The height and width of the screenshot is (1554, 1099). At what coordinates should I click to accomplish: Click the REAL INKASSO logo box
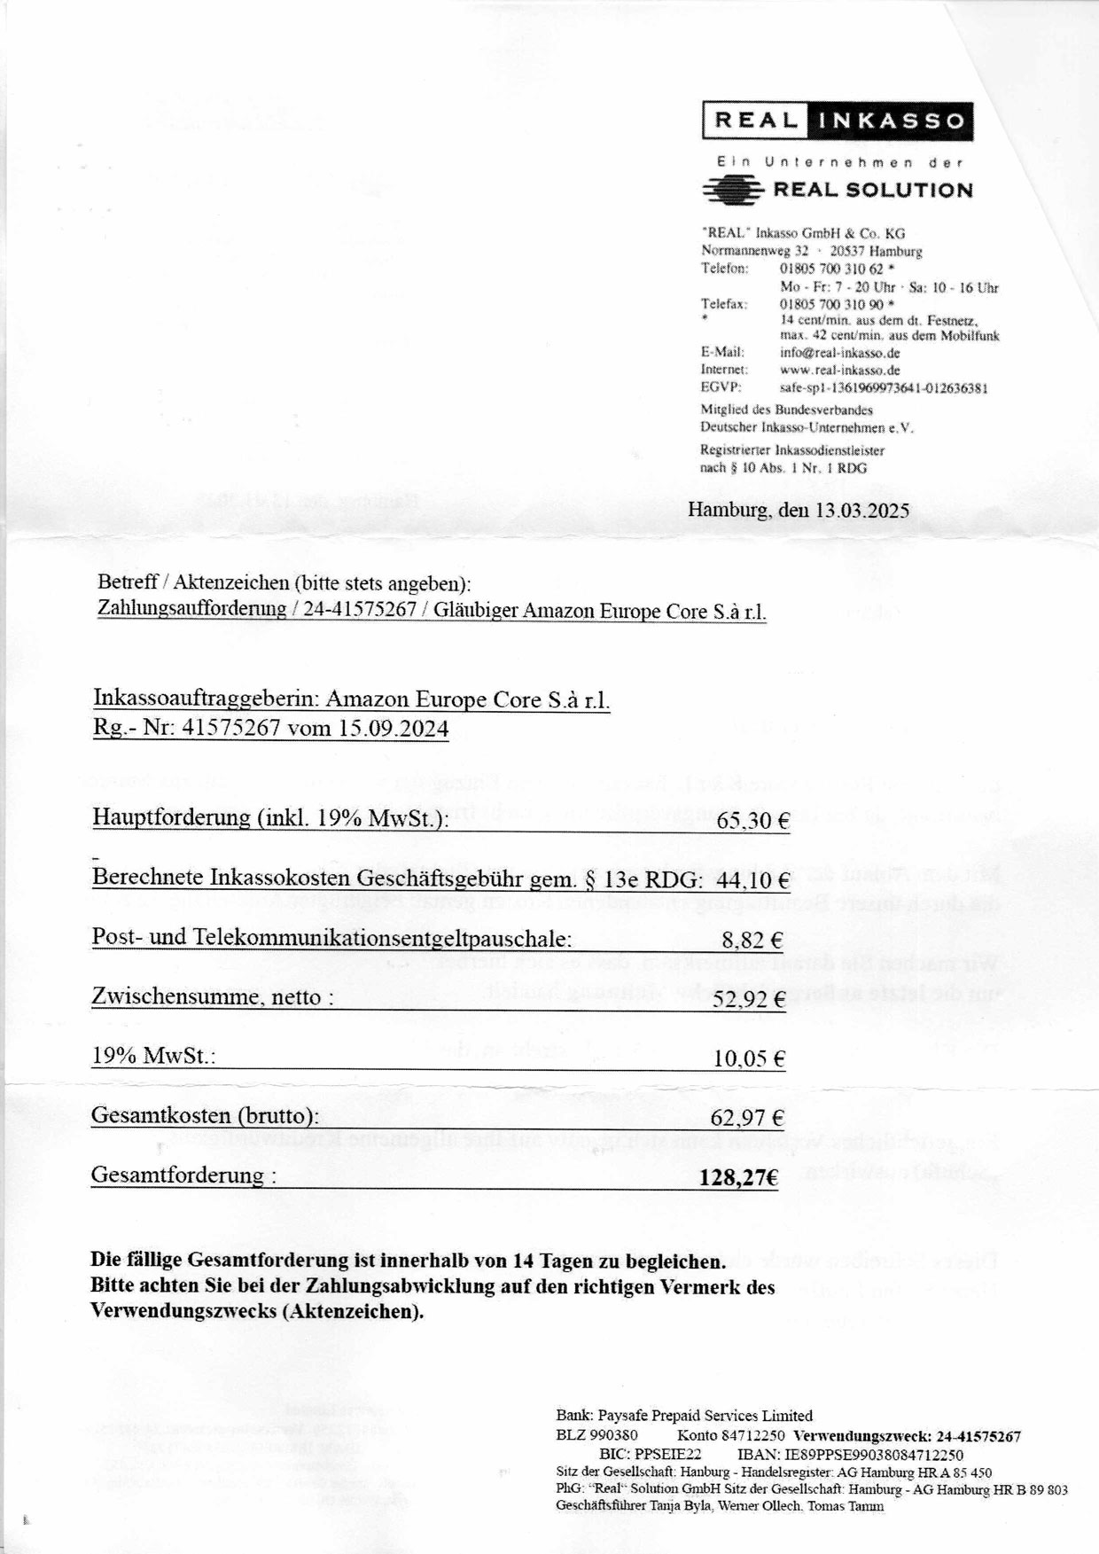pyautogui.click(x=838, y=121)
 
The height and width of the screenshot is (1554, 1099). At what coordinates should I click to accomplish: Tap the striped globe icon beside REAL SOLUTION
pyautogui.click(x=732, y=190)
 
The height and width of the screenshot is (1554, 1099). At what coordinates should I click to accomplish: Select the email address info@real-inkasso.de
pyautogui.click(x=840, y=353)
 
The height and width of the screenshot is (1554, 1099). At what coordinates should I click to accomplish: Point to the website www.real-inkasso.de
pyautogui.click(x=840, y=371)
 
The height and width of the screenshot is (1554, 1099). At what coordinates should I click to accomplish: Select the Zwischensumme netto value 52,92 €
pyautogui.click(x=749, y=1000)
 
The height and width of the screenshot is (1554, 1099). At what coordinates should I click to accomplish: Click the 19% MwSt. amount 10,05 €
pyautogui.click(x=749, y=1058)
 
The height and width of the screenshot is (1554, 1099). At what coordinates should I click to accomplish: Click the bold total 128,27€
pyautogui.click(x=738, y=1177)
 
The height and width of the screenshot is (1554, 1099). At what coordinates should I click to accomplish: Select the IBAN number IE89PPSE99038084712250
pyautogui.click(x=872, y=1455)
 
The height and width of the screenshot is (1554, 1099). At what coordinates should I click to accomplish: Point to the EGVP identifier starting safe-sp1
pyautogui.click(x=884, y=388)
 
